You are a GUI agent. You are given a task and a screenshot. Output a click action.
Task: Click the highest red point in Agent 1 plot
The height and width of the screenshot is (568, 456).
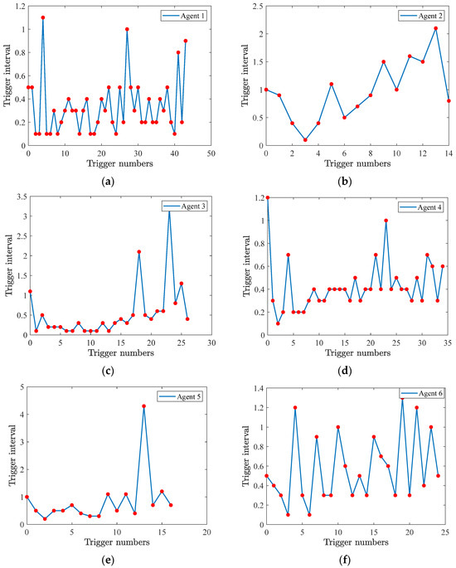[43, 17]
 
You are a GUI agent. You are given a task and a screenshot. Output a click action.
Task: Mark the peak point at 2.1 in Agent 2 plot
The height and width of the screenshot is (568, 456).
[435, 28]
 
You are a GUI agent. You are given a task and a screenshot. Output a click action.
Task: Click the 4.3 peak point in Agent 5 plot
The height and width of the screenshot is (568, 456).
[143, 406]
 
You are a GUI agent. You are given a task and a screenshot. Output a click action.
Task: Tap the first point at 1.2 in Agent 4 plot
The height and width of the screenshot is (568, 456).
[266, 197]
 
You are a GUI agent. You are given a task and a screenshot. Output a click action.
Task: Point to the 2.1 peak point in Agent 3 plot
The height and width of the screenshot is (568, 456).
[139, 252]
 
